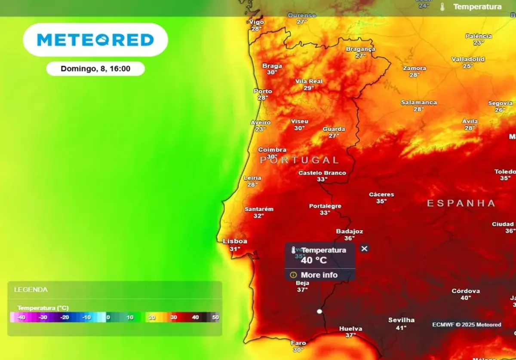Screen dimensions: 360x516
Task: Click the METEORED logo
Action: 95,40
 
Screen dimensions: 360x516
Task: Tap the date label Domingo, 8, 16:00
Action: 95,68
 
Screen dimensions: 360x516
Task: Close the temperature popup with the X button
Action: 364,248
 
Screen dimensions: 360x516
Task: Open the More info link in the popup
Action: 319,275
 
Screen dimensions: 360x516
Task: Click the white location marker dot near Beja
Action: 319,311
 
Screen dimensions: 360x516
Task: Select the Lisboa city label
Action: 235,241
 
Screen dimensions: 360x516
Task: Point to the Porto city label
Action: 263,91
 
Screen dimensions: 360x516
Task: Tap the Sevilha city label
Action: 401,320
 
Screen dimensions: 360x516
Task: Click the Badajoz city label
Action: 350,231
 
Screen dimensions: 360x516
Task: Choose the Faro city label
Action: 298,343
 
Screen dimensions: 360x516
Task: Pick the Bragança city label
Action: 360,49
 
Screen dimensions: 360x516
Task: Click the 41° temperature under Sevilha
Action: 401,327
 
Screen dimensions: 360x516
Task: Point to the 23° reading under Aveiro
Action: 261,129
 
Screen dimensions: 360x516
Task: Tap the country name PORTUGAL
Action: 299,160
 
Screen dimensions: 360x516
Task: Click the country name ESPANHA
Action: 461,203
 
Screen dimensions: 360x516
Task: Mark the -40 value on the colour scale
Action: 21,317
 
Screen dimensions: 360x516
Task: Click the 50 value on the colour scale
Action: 215,317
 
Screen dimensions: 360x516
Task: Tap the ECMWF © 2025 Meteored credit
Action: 467,324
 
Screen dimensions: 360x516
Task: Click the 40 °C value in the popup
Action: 313,260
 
